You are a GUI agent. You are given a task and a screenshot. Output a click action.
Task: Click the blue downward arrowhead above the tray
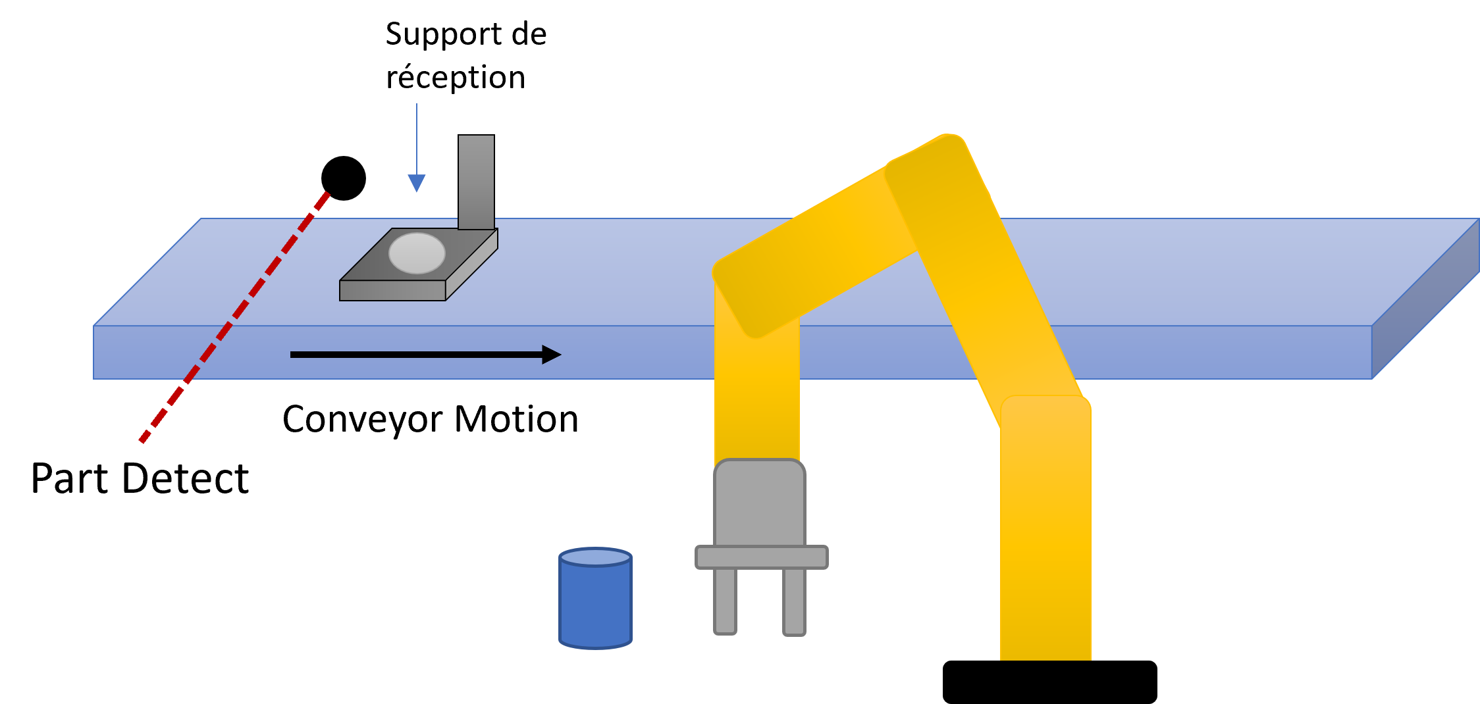417,182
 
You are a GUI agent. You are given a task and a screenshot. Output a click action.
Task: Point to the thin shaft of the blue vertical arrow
417,138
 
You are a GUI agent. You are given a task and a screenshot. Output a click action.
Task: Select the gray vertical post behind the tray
476,182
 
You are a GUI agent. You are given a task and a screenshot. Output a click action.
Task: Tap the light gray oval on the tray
417,253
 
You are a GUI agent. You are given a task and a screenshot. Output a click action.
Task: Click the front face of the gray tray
392,291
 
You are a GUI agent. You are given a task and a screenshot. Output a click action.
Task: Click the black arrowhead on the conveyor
551,355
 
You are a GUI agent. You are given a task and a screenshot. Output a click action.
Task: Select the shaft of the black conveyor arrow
415,355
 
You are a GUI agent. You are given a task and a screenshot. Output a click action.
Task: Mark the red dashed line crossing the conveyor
234,318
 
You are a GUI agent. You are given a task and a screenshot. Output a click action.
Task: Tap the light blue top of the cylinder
595,557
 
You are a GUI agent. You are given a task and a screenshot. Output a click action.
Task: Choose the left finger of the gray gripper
725,600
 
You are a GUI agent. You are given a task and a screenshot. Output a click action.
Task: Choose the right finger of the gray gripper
794,601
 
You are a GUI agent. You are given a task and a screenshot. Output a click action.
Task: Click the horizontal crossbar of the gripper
762,557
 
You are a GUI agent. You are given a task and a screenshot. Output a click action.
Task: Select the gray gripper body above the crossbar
760,503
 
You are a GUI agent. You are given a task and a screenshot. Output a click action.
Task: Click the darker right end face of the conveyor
1425,299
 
